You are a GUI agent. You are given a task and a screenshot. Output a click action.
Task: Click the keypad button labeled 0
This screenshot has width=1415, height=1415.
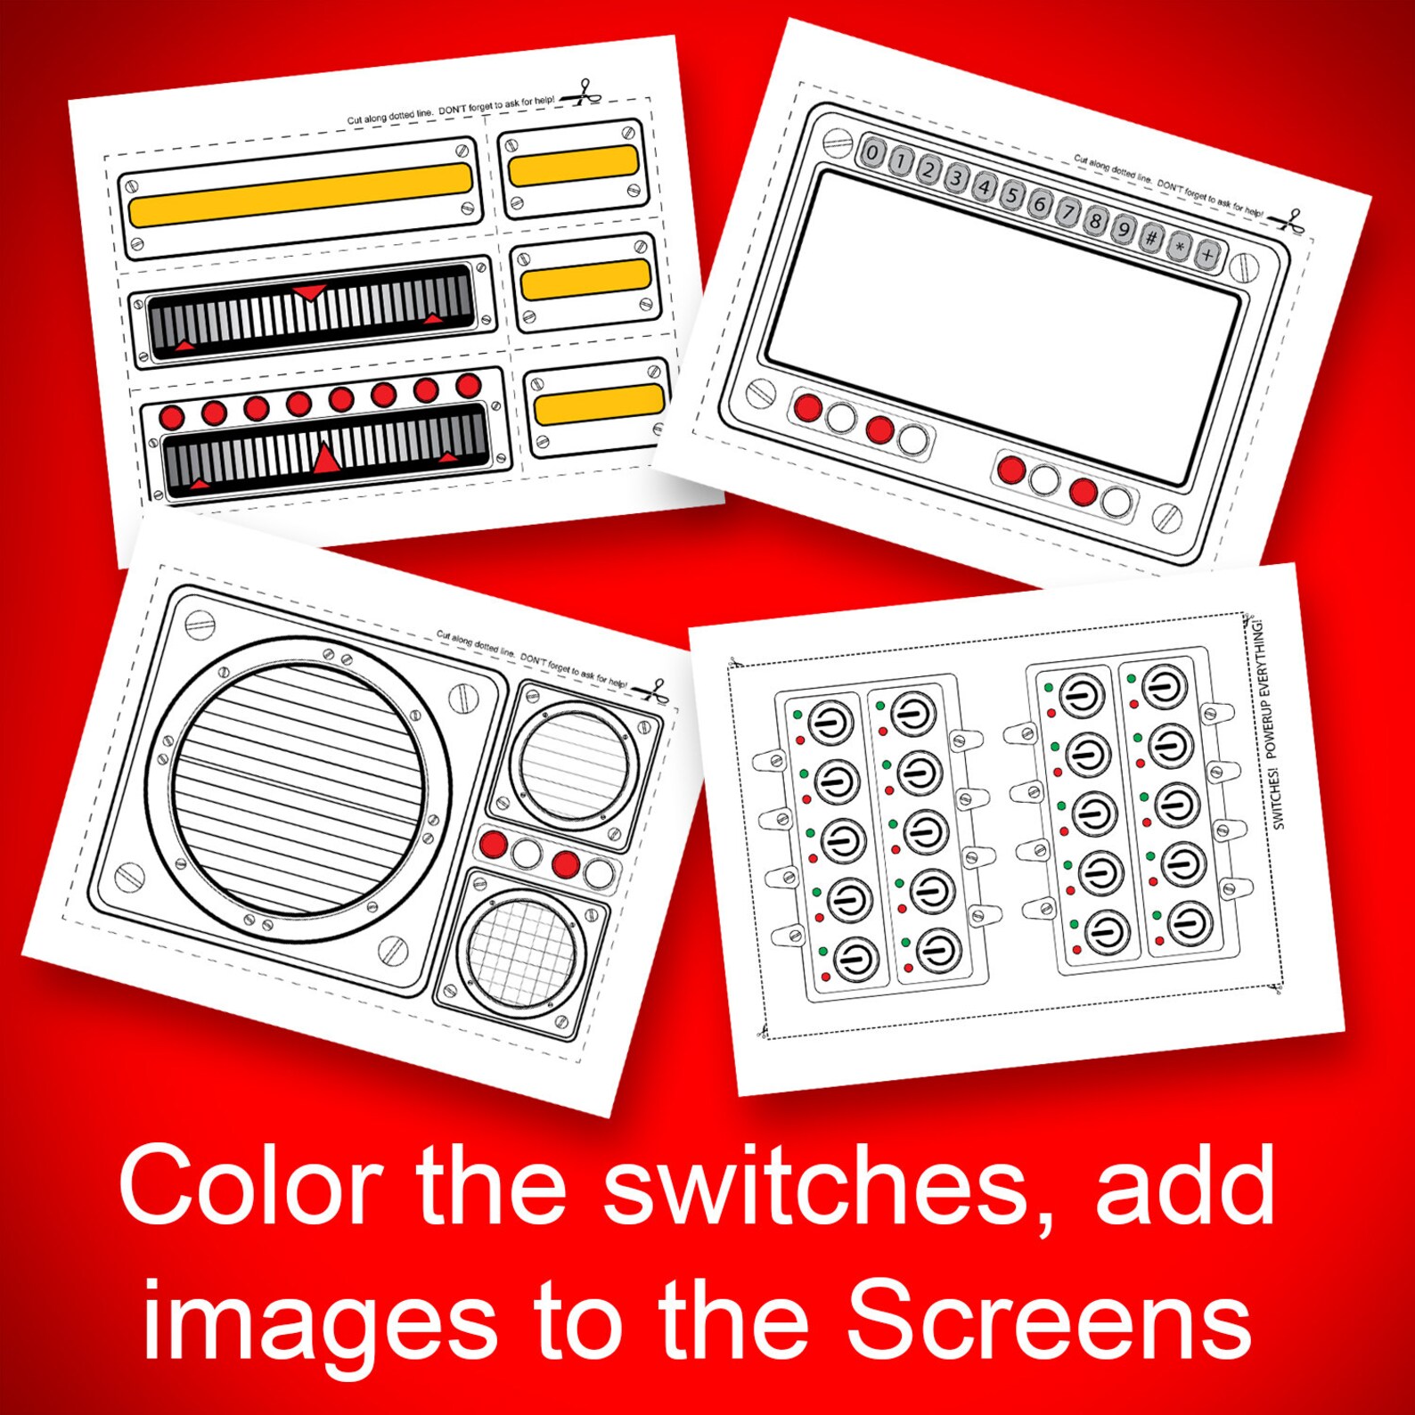click(873, 152)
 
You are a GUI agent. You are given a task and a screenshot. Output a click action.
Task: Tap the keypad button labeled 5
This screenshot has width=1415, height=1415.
click(1011, 194)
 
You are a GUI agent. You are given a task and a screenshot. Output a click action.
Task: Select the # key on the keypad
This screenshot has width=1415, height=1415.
click(1151, 238)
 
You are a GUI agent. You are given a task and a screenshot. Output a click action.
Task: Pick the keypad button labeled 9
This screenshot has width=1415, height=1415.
click(1124, 230)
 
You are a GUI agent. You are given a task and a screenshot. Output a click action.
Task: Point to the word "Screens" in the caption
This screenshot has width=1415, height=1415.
click(1049, 1321)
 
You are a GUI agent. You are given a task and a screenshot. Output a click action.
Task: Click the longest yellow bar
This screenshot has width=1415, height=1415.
click(300, 194)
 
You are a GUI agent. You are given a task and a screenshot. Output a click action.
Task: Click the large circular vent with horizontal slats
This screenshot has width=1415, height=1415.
click(299, 789)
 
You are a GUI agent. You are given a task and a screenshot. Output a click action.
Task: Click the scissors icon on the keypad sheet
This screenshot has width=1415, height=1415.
click(1290, 220)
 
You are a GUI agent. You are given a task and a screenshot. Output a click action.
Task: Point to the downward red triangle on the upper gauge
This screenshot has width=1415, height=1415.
click(310, 292)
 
